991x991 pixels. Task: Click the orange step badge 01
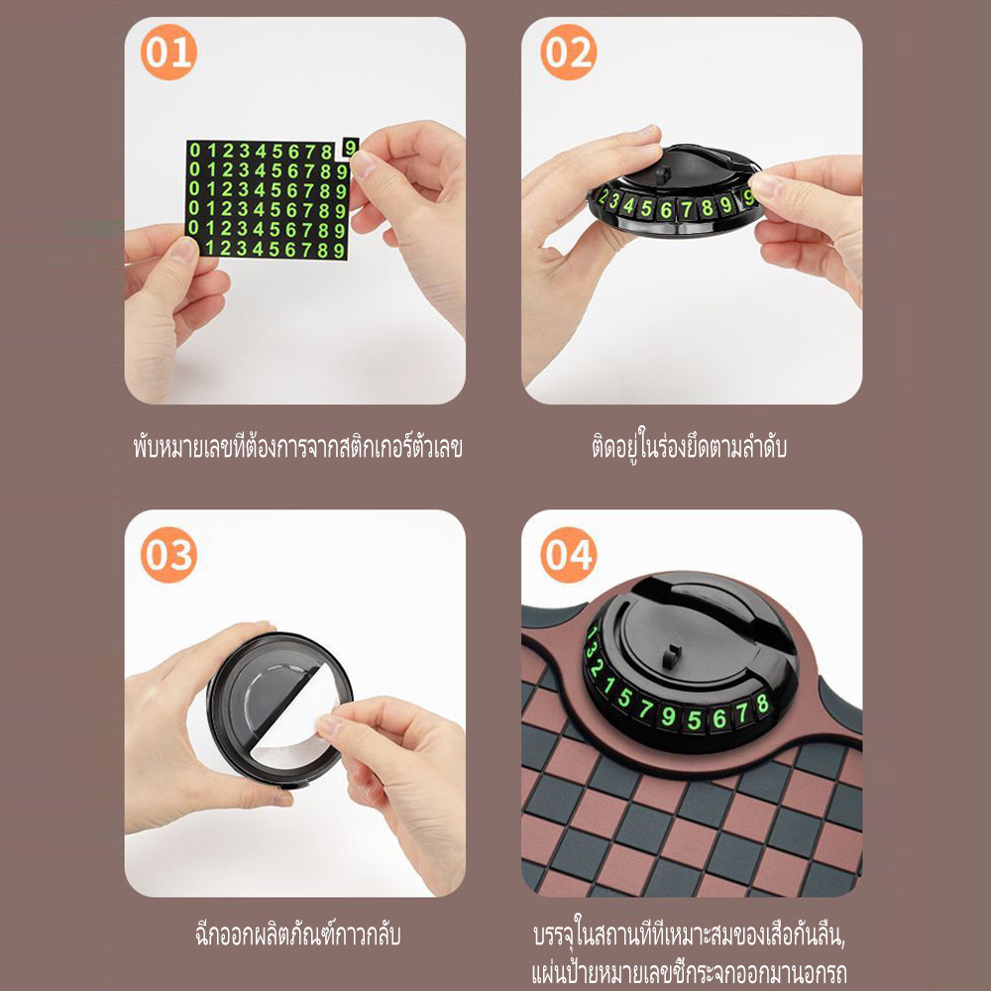[x=168, y=52]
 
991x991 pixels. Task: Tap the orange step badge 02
[x=568, y=52]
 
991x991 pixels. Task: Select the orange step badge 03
[x=168, y=554]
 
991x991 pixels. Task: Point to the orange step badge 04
[x=568, y=554]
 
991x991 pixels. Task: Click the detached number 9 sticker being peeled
[x=350, y=148]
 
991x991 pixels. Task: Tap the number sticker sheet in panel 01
[x=268, y=200]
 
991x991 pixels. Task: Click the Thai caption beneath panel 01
[x=297, y=446]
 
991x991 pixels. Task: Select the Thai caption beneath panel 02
[x=689, y=446]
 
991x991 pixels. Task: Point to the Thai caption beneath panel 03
[x=297, y=935]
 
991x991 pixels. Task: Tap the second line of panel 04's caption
[x=689, y=973]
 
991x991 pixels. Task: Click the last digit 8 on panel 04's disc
[x=762, y=704]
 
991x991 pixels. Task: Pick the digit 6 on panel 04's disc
[x=719, y=718]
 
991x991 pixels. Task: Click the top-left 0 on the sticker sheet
[x=194, y=151]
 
